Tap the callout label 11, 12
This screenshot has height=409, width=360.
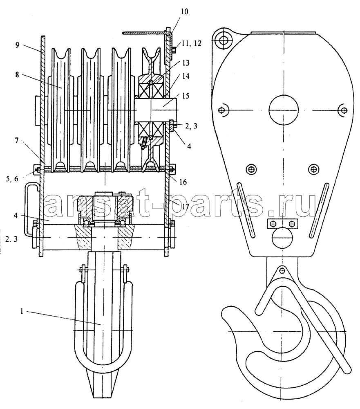click(x=192, y=43)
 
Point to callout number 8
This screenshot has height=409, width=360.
click(x=17, y=74)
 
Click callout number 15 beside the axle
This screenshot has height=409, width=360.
click(x=186, y=96)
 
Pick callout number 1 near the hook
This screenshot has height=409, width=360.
click(x=22, y=311)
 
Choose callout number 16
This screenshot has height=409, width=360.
click(x=183, y=182)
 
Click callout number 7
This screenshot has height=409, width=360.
click(x=16, y=141)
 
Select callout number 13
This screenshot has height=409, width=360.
click(x=186, y=63)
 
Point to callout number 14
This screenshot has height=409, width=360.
click(x=186, y=76)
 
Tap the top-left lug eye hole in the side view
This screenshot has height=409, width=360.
click(x=224, y=40)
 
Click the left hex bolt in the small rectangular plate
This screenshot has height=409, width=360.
click(x=274, y=224)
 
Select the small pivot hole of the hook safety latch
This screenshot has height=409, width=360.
click(x=282, y=270)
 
